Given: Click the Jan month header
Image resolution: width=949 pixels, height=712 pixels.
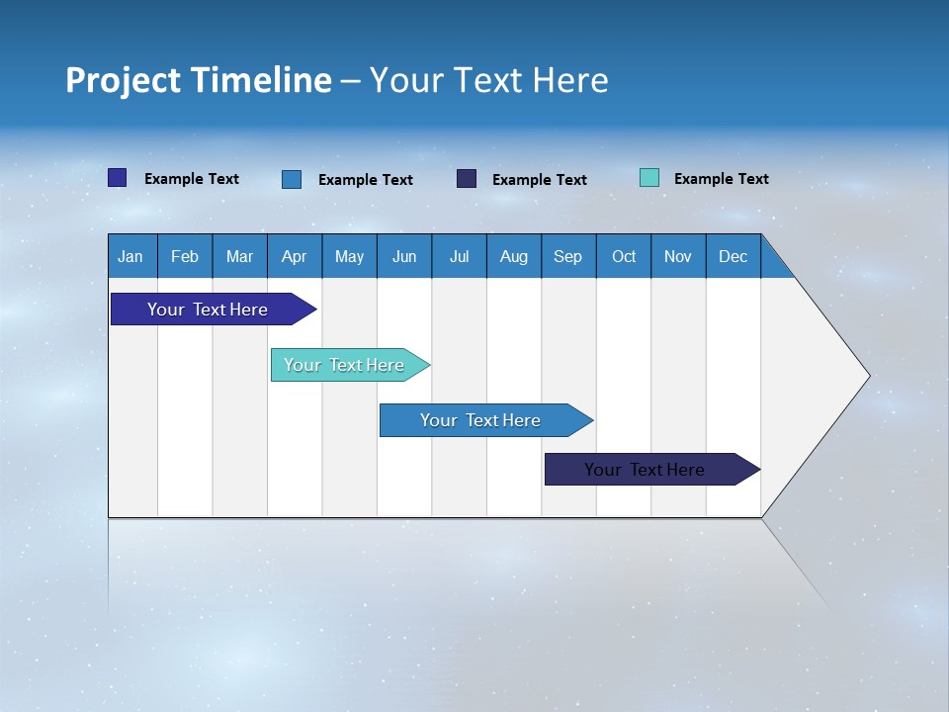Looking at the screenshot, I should (130, 256).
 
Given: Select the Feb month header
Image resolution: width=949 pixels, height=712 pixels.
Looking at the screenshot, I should (185, 256).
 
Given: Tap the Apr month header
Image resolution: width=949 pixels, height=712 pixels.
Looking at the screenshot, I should (294, 256).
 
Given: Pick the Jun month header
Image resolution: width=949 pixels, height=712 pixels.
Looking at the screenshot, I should (404, 256).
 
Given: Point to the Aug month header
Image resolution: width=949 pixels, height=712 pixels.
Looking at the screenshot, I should (513, 256).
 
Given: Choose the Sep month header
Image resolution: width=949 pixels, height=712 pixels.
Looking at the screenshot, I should (567, 256).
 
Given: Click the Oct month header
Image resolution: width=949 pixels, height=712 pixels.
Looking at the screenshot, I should (624, 256).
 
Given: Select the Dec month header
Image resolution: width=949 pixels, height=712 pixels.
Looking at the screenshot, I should (733, 256).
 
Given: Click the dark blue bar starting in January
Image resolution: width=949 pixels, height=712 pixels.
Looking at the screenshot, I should (208, 310).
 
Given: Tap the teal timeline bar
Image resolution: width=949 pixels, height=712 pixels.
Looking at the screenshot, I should (344, 365).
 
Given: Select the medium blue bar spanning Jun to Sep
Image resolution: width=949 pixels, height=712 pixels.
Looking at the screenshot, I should (480, 420).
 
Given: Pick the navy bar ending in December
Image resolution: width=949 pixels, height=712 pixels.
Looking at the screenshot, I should (645, 470).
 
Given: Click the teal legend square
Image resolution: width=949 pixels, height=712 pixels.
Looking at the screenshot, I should (649, 178).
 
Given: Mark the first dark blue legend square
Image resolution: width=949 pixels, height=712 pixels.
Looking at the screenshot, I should (118, 178).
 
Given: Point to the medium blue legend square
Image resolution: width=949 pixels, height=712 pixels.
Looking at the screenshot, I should (292, 179).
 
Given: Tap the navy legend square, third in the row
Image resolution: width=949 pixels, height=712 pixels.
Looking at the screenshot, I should (467, 179).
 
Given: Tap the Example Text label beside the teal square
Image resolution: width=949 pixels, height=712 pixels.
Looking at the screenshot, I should (721, 179).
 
